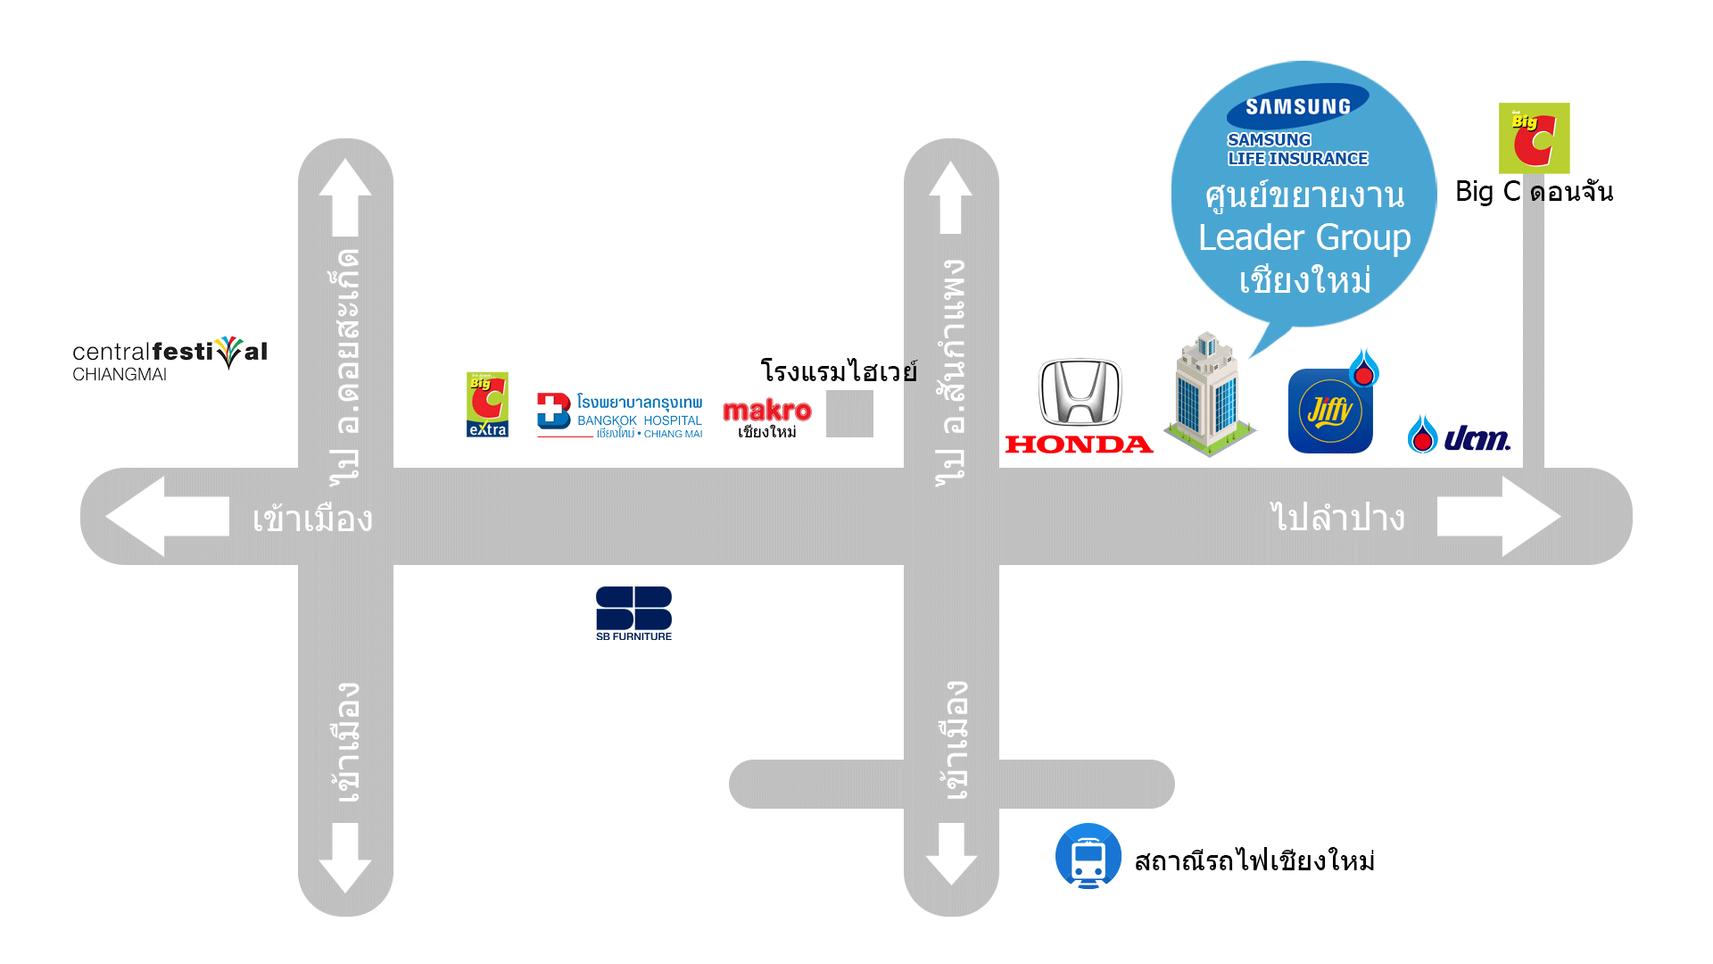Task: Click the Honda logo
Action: [1080, 406]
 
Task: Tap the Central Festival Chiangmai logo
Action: [170, 359]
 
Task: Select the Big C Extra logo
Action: [487, 404]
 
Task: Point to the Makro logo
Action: [767, 418]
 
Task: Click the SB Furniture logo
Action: [633, 613]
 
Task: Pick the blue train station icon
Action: [1088, 856]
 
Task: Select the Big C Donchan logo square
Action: [1534, 137]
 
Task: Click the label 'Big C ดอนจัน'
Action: [1534, 192]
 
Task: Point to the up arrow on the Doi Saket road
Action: [345, 196]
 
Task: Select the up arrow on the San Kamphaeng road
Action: [951, 196]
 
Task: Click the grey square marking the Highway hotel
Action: [849, 413]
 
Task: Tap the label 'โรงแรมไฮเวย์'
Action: [839, 370]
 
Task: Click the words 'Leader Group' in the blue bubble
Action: [1304, 237]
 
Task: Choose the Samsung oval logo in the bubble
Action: [1298, 106]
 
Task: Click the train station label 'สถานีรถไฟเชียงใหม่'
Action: [1254, 860]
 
